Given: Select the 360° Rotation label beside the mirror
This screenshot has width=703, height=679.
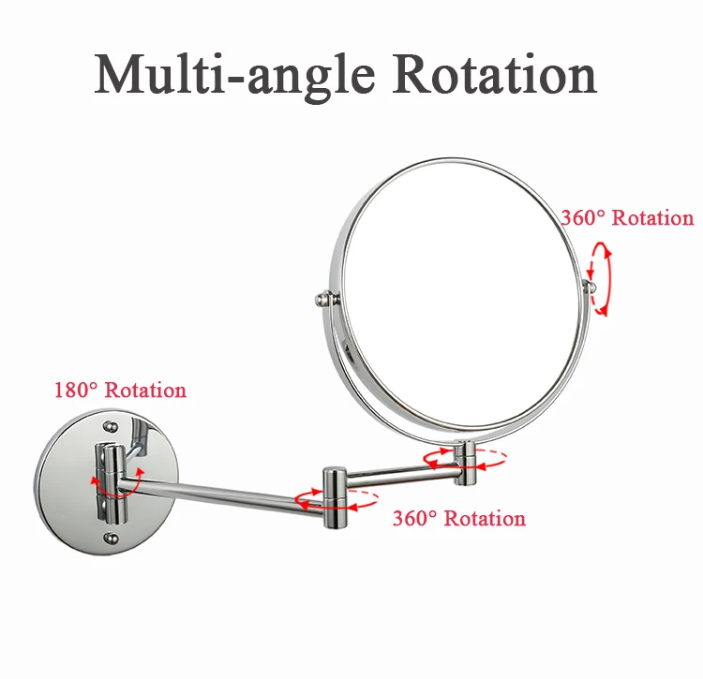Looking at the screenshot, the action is click(x=628, y=218).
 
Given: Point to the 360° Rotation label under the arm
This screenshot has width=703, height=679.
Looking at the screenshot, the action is click(x=459, y=518).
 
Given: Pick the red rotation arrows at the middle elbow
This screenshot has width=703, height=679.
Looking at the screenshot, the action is click(x=336, y=500).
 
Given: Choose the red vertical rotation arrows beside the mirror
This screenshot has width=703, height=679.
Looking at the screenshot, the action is click(x=601, y=279).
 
